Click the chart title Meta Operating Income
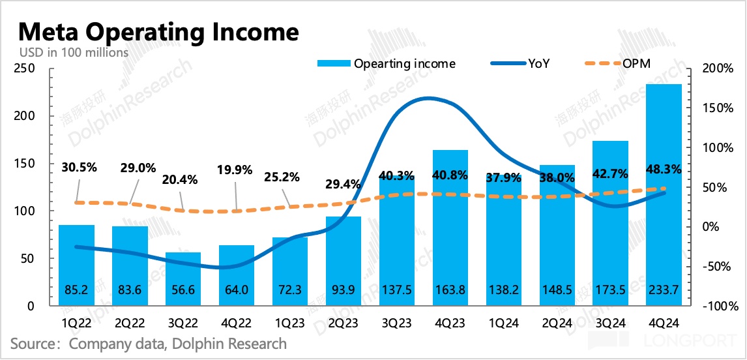158,31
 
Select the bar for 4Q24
664,196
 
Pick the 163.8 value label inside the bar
450,290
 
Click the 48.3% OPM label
664,169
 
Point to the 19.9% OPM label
237,172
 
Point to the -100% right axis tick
714,307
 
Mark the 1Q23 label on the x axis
290,322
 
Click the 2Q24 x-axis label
557,322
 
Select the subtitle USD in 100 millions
74,53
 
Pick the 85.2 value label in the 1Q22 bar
76,290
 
